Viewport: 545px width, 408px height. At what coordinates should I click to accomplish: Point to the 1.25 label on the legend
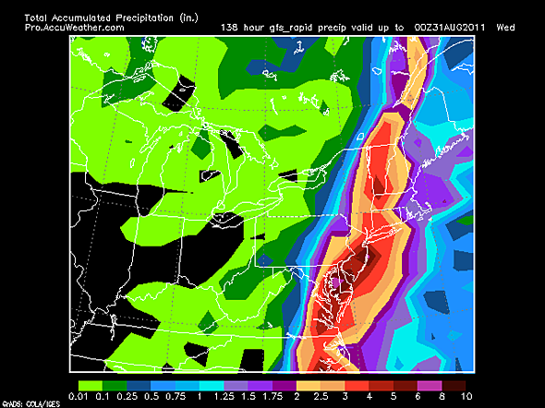click(224, 396)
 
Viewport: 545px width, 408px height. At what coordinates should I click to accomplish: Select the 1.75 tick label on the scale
click(273, 396)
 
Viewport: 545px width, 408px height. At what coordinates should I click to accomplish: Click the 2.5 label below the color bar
click(321, 396)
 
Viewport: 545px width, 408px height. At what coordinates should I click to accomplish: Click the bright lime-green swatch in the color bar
click(92, 382)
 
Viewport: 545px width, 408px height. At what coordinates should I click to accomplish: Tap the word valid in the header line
click(360, 28)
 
